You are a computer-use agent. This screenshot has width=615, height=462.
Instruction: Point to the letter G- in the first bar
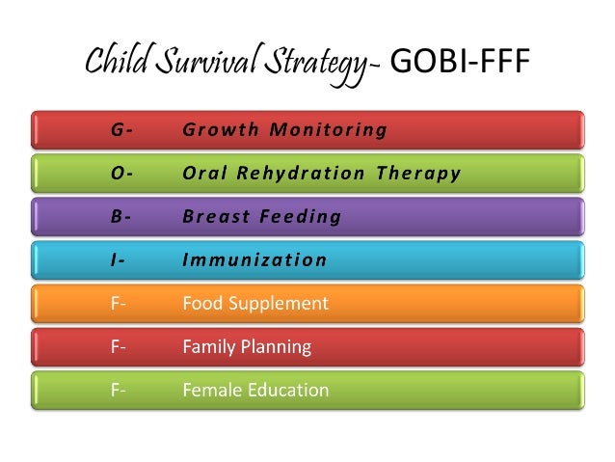point(120,129)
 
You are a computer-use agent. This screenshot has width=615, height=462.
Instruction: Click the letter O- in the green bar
point(120,174)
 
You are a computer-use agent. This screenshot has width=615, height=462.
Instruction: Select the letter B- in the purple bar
point(120,217)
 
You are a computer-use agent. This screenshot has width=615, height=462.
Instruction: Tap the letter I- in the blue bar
point(118,260)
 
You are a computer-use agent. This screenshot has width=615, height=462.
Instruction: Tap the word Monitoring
point(328,129)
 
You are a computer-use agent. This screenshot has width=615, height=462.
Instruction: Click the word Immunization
point(254,260)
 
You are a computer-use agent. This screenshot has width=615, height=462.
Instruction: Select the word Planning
point(276,347)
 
